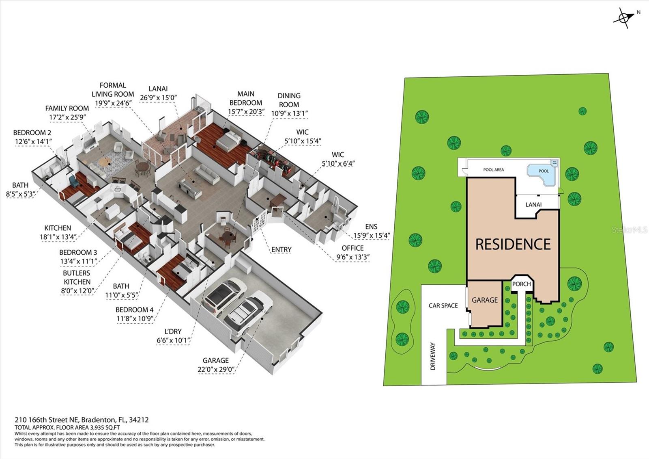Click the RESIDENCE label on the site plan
pyautogui.click(x=513, y=244)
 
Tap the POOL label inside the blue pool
pyautogui.click(x=544, y=171)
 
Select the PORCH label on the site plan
pyautogui.click(x=521, y=284)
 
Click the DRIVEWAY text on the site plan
pyautogui.click(x=433, y=356)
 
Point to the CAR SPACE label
pyautogui.click(x=443, y=305)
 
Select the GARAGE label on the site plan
pyautogui.click(x=485, y=300)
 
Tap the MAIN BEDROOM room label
pyautogui.click(x=246, y=98)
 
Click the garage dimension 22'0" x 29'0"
pyautogui.click(x=216, y=369)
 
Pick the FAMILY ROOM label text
pyautogui.click(x=67, y=108)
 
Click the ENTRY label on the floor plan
pyautogui.click(x=281, y=249)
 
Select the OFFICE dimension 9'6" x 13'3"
pyautogui.click(x=352, y=257)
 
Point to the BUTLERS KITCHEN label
pyautogui.click(x=77, y=277)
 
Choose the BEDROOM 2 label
pyautogui.click(x=32, y=133)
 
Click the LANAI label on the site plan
pyautogui.click(x=533, y=204)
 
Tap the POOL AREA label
pyautogui.click(x=494, y=170)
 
